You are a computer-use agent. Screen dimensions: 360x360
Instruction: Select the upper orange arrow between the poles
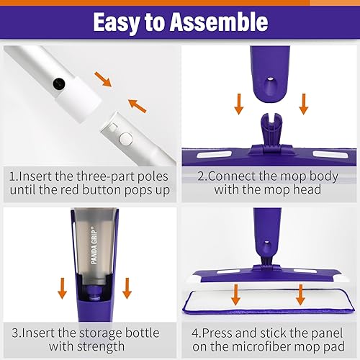pos(105,79)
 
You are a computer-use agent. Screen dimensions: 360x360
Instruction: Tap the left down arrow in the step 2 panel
pos(238,103)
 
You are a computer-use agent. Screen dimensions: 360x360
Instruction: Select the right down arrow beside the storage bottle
pos(127,287)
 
